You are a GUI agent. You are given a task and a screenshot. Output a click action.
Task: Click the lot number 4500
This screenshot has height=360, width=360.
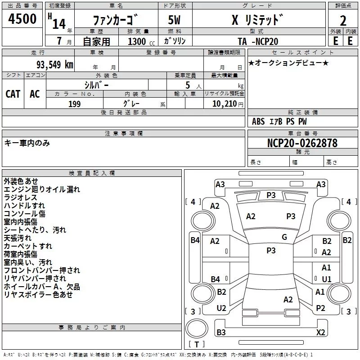23,19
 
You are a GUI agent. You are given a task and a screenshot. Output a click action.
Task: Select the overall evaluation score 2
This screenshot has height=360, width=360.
343,21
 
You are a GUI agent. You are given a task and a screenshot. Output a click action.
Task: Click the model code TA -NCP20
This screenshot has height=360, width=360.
258,41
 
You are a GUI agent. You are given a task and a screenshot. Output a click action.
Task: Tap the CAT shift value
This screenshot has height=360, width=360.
13,94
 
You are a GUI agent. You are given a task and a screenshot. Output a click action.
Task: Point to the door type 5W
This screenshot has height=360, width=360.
175,21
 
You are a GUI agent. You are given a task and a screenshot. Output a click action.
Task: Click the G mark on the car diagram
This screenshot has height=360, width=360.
284,237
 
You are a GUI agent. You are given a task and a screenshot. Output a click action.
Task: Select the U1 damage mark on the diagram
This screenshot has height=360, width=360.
326,279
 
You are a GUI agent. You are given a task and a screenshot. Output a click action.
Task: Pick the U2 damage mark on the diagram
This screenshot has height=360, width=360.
221,308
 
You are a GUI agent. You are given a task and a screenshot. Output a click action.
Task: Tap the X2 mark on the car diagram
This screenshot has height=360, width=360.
320,332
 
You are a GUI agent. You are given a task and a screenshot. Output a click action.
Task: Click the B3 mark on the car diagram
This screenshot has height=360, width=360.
221,332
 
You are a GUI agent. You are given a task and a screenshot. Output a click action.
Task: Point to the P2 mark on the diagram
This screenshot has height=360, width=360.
320,308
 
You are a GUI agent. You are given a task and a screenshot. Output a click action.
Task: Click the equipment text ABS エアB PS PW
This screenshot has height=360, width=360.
279,121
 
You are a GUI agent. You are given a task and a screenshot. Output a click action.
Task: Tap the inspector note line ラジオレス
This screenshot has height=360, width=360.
20,198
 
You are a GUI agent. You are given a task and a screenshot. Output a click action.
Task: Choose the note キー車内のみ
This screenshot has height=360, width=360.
27,143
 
